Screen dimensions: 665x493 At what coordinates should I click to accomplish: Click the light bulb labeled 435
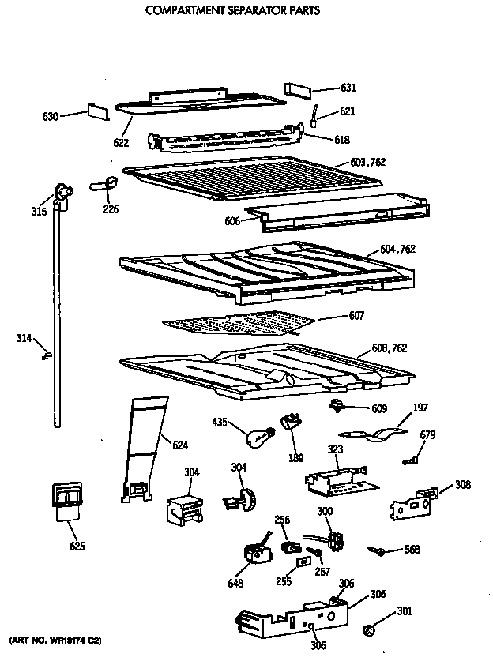tap(258, 434)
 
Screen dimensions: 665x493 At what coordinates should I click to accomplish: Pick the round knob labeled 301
tap(368, 630)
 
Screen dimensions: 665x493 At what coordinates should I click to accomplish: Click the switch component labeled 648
tap(255, 551)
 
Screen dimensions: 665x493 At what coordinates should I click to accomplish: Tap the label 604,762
tap(397, 249)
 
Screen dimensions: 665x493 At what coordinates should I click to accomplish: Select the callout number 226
tap(111, 209)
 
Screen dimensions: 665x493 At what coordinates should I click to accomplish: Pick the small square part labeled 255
tap(303, 562)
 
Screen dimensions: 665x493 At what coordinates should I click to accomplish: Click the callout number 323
tap(335, 449)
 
